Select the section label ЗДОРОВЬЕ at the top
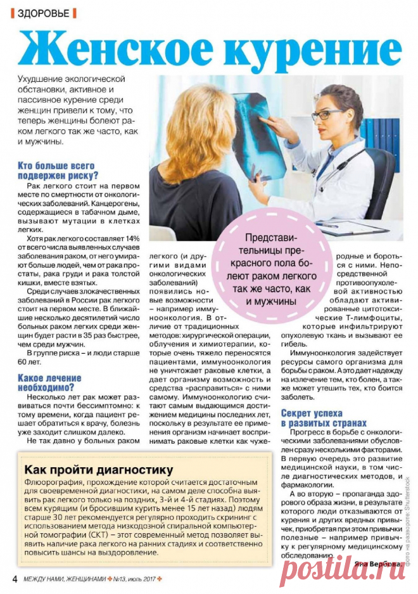click(x=44, y=13)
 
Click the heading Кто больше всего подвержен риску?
click(x=58, y=171)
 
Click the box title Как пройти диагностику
click(x=98, y=470)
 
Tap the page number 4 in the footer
click(x=14, y=579)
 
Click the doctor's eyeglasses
click(x=327, y=115)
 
